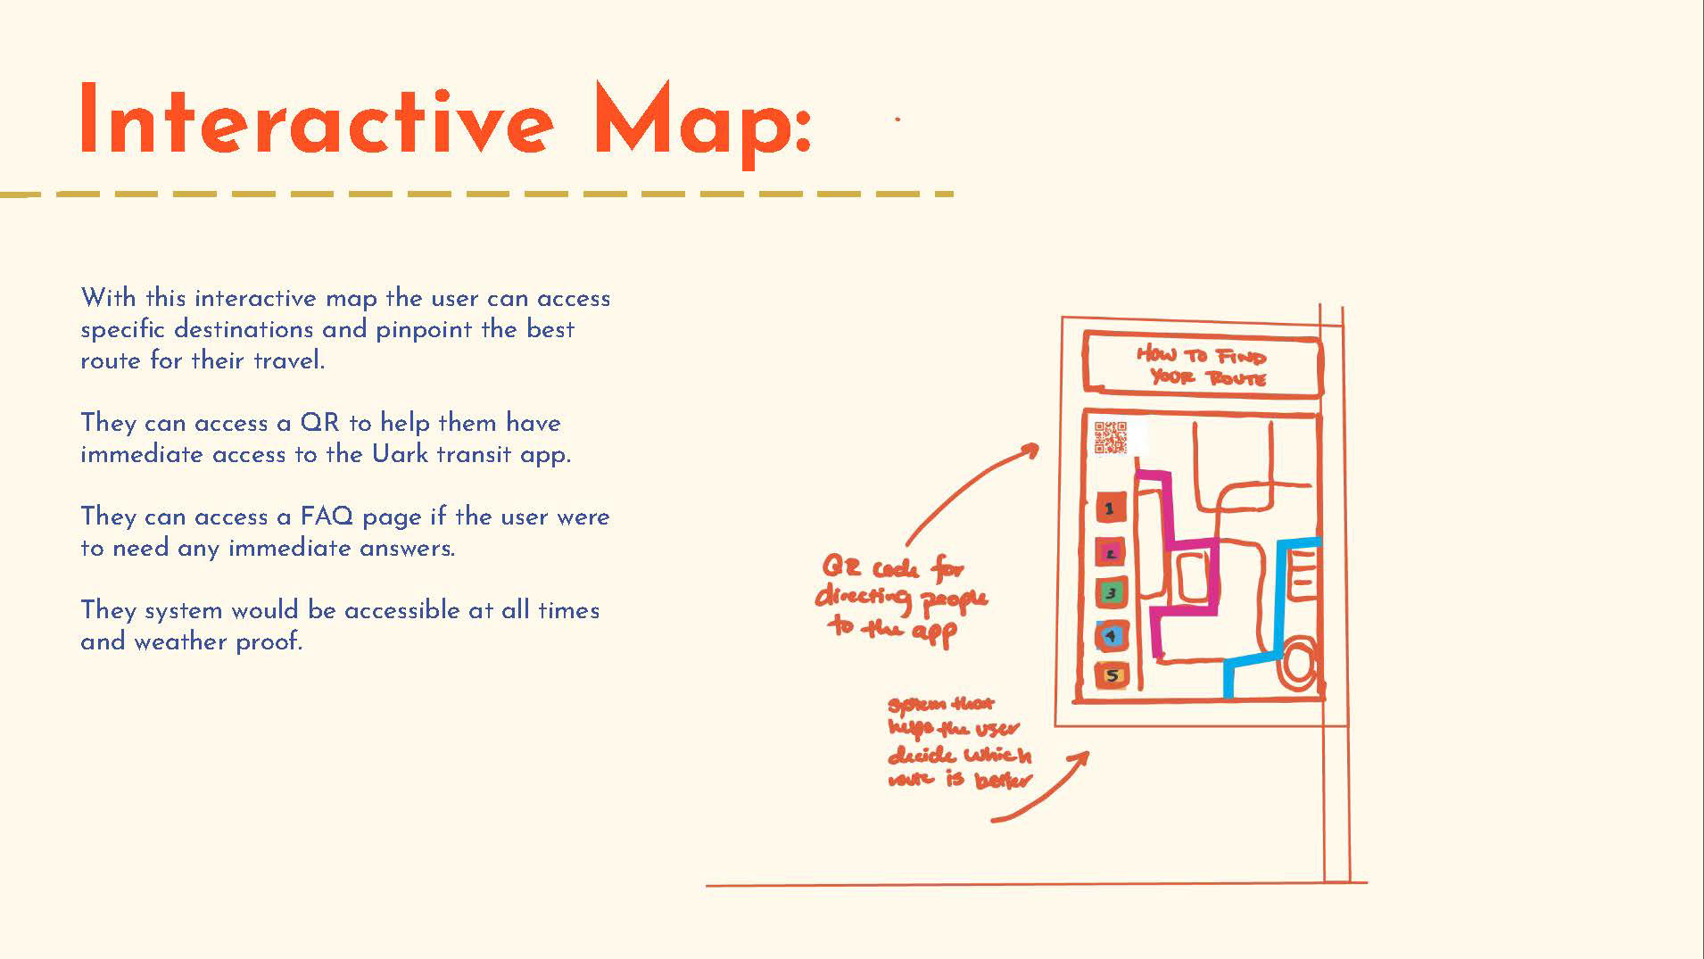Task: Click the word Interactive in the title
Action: [x=317, y=120]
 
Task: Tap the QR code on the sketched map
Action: [x=1111, y=438]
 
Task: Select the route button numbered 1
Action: [x=1110, y=509]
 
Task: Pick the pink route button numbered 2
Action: [x=1111, y=553]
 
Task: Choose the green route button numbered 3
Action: [x=1111, y=592]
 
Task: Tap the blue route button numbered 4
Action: [x=1111, y=636]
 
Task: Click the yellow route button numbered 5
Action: [x=1113, y=675]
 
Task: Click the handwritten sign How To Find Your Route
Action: [x=1202, y=367]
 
